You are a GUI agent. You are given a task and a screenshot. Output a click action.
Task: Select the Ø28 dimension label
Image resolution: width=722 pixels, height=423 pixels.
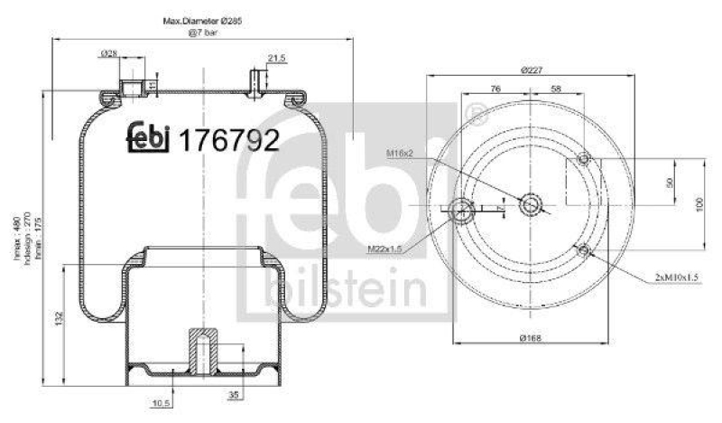107,56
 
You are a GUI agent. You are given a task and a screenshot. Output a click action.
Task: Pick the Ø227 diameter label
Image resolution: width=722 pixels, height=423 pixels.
532,70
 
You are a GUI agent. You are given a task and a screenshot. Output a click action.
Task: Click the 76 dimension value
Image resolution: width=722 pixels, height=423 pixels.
495,89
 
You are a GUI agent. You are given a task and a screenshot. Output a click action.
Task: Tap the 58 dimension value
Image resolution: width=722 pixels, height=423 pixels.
555,89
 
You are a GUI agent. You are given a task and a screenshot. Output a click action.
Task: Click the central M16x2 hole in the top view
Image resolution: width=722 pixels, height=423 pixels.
531,206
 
